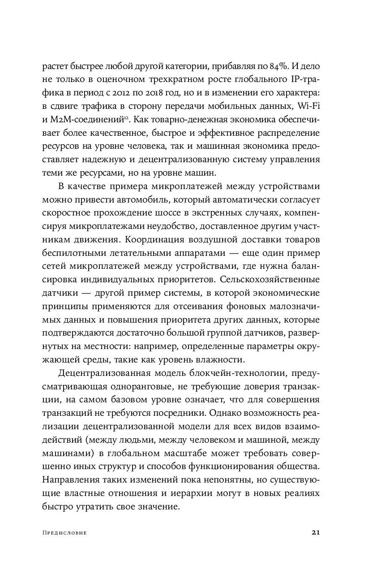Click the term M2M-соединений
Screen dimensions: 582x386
pos(87,124)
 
